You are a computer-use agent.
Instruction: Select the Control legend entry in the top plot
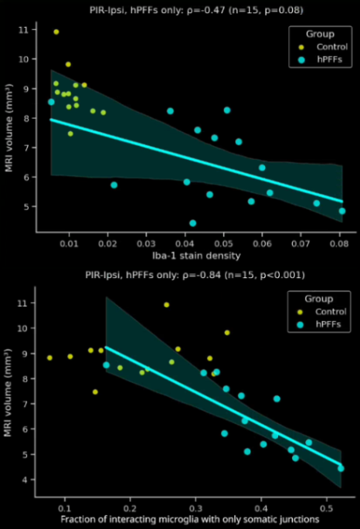point(321,48)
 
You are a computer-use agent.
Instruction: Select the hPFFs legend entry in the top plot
point(319,60)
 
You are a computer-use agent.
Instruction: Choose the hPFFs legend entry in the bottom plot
point(319,325)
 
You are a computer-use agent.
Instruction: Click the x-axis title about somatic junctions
point(190,520)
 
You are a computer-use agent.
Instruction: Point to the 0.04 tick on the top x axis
point(185,242)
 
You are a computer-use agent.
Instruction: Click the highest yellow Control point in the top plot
point(56,32)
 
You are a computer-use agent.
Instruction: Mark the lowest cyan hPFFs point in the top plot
point(192,223)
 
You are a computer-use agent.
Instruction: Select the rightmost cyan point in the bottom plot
point(341,468)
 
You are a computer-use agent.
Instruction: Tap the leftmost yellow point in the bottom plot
point(49,358)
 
